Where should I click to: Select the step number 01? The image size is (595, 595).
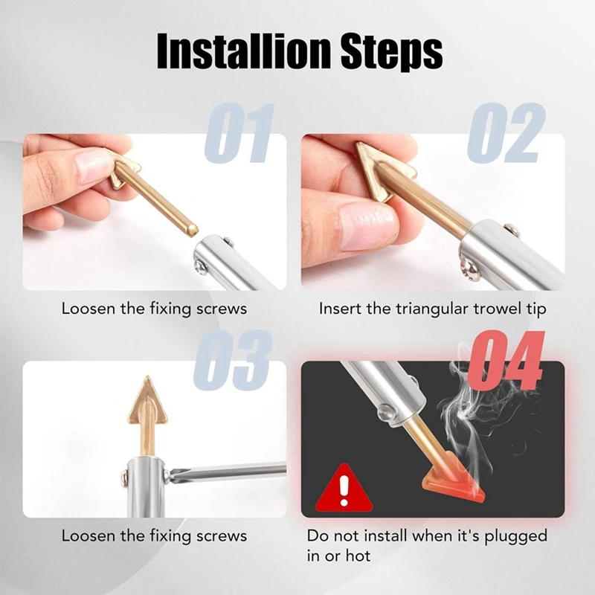click(x=239, y=134)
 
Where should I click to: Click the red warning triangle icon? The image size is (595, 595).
click(x=344, y=489)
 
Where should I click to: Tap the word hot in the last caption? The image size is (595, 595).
click(x=357, y=555)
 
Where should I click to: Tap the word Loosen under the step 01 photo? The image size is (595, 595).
click(x=86, y=308)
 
